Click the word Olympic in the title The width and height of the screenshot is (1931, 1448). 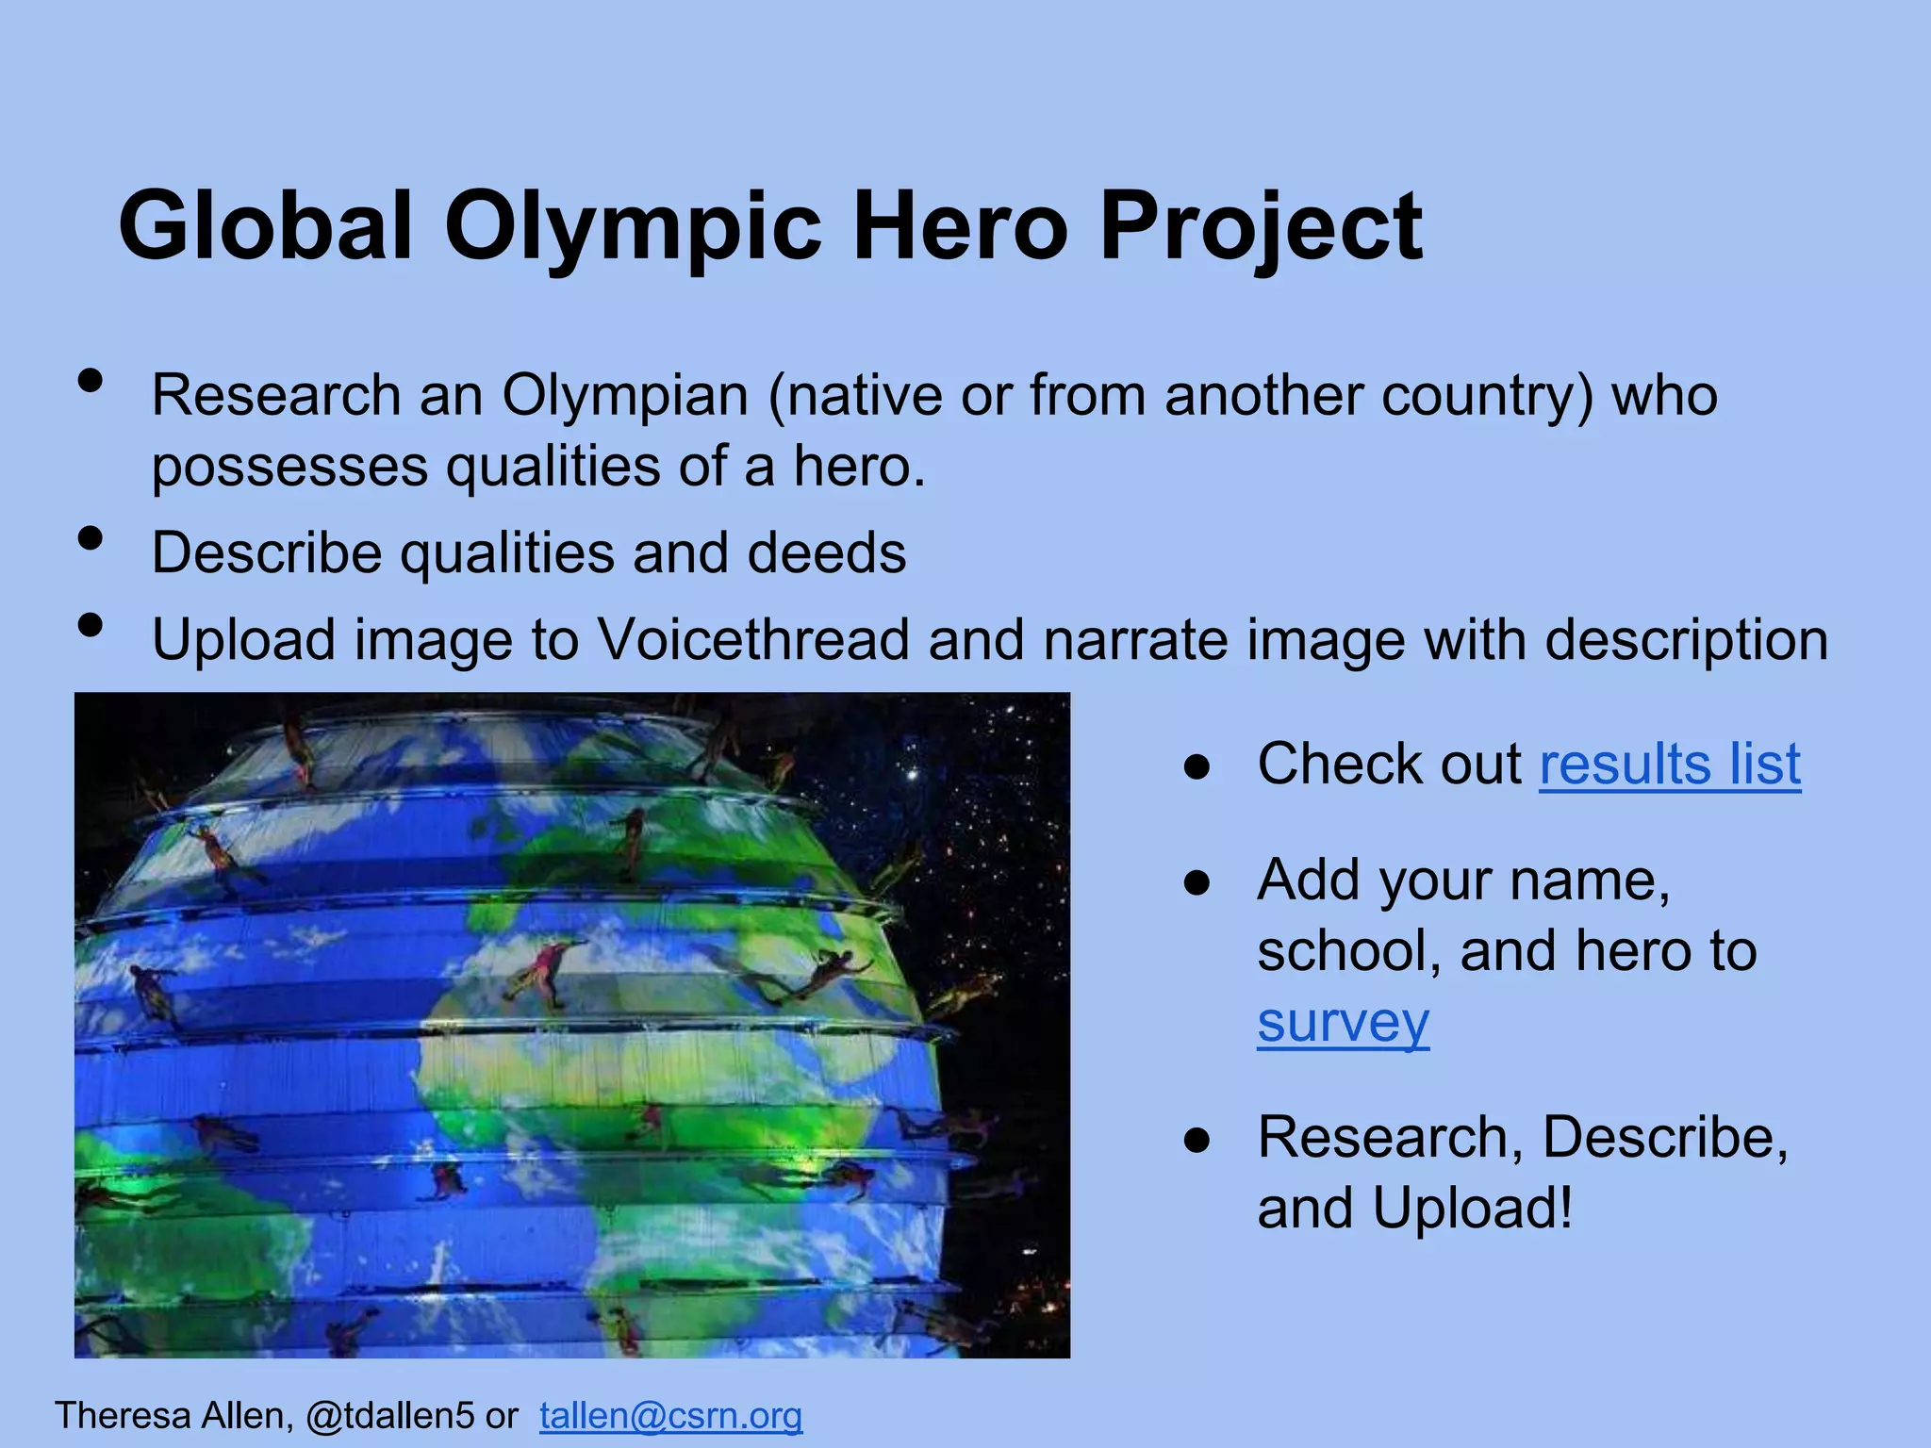point(634,228)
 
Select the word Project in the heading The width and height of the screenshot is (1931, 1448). point(1261,228)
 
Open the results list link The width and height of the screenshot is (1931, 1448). point(1670,764)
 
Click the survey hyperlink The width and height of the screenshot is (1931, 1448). point(1343,1022)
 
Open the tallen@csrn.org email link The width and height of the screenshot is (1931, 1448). point(670,1416)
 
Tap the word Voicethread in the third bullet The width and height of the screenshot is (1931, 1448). point(753,640)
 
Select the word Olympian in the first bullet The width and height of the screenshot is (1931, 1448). point(625,395)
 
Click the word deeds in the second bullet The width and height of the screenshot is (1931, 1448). point(827,552)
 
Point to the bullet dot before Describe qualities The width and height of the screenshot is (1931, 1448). point(91,539)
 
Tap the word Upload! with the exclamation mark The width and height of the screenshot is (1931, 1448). point(1472,1208)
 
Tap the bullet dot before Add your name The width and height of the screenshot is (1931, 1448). point(1197,884)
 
